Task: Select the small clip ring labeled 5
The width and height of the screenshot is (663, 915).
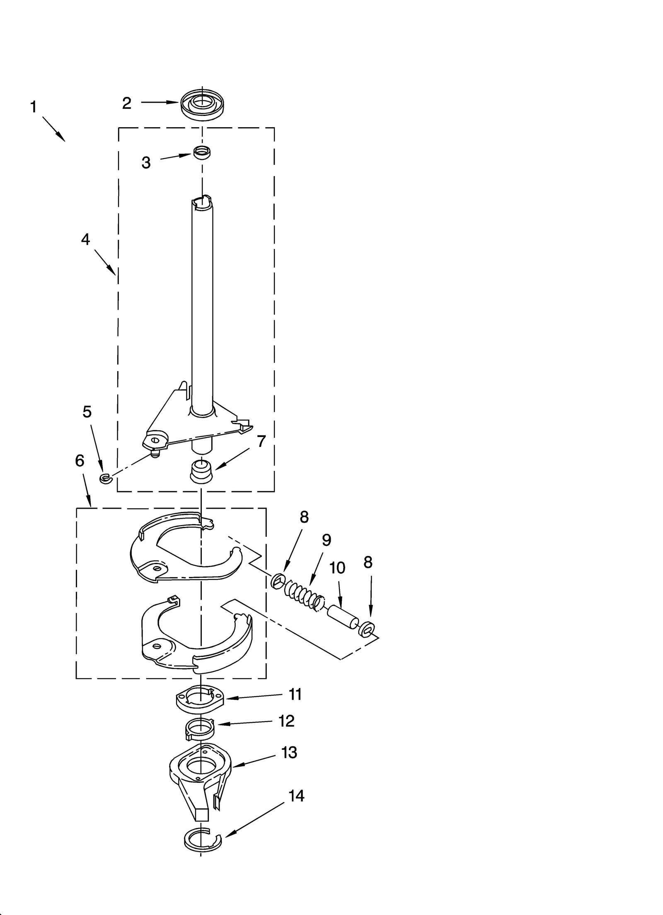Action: pos(105,478)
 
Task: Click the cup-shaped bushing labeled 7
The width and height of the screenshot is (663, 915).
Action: pos(201,471)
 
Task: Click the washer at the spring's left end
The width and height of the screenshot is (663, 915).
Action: pos(277,582)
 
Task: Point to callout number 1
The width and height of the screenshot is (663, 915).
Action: pos(33,107)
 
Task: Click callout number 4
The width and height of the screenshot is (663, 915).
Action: pos(85,239)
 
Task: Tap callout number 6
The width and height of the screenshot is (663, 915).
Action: pos(80,461)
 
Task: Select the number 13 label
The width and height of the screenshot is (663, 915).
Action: pos(289,753)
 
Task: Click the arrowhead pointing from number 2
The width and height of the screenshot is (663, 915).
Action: pos(174,102)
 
